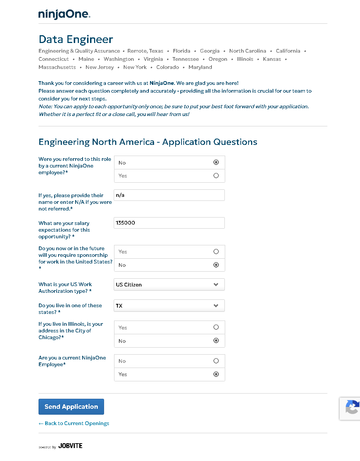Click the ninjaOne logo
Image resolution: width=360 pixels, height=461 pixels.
tap(64, 14)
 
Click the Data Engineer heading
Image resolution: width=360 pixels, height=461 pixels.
tap(76, 39)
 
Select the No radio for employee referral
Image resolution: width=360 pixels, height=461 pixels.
tap(216, 162)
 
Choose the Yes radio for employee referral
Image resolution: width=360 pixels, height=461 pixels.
tap(216, 176)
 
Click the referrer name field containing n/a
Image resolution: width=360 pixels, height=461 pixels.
tap(169, 195)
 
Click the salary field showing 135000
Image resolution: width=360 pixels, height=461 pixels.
tap(169, 223)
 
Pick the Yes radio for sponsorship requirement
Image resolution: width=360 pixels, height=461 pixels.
tap(216, 252)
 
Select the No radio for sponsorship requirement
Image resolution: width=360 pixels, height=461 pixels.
tap(216, 265)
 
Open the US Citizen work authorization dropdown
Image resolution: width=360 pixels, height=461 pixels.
tap(169, 285)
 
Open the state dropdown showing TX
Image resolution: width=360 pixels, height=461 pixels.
tap(169, 306)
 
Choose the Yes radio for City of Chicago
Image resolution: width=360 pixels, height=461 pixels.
tap(216, 327)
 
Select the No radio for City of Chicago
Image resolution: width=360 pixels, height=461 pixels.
tap(216, 341)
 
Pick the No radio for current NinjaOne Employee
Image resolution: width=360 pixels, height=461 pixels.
tap(216, 361)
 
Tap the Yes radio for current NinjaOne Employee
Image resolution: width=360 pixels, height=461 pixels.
tap(216, 374)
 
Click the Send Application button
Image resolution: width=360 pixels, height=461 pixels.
tap(71, 407)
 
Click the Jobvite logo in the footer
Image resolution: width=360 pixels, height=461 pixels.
tap(70, 446)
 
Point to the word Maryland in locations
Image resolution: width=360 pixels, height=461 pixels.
tap(200, 67)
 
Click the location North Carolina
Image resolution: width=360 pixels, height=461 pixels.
tap(247, 51)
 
